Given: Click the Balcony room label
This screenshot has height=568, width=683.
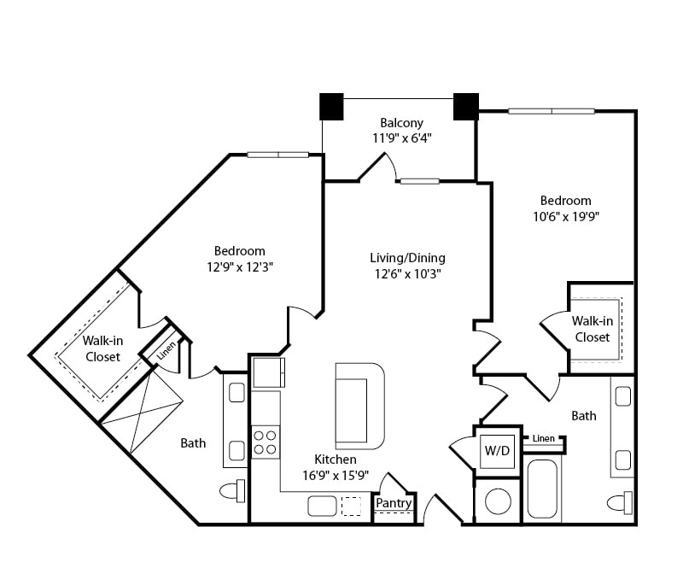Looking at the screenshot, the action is coord(401,123).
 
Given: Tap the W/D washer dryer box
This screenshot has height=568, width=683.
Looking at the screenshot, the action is coord(497,451).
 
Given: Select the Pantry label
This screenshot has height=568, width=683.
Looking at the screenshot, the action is coord(394,503).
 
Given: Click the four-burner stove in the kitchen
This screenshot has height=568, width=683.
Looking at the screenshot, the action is coord(266,442).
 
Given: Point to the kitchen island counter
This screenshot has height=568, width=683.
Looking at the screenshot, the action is coord(359,407).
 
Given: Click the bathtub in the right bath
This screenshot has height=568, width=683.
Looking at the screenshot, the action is coord(542,489).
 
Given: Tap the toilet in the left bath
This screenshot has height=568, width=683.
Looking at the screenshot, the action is coord(232,491).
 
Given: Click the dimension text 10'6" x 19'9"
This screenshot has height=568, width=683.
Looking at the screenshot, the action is coord(566,217).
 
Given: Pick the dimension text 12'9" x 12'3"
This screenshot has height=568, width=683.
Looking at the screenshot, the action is coord(240,266).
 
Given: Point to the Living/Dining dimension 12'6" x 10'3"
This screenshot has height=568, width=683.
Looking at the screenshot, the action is coord(408,274).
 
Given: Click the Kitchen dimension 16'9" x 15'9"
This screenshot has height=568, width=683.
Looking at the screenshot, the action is coord(336,475).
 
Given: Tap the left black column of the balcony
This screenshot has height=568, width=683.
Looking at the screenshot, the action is coord(331,107).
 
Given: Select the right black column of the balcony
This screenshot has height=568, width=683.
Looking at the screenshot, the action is coord(466,107).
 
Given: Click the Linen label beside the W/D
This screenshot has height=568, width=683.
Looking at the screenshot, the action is coord(544,438).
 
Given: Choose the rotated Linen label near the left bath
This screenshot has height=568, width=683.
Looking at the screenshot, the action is coord(166,351).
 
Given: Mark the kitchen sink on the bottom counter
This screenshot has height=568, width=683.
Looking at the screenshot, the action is coord(322,507).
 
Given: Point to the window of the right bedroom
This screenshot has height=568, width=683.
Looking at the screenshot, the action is coord(552,111).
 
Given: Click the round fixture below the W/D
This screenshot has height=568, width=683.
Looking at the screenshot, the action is coord(498,501).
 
